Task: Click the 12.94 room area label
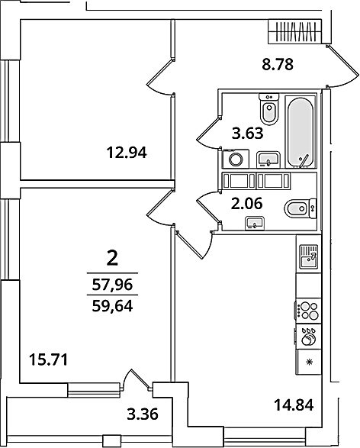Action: pos(127,153)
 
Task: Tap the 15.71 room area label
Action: pos(49,359)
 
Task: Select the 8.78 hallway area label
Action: pos(278,64)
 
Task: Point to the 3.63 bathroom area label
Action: pos(247,133)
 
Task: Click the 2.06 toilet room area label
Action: pos(246,204)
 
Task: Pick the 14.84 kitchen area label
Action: pos(294,404)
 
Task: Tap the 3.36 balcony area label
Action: pos(143,414)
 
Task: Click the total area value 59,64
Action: pos(112,307)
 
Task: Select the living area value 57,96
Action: pos(112,285)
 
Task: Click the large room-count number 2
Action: pos(112,258)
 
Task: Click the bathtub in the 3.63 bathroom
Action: pos(301,132)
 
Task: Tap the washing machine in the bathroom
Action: pos(236,159)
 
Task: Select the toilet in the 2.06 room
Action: pos(300,208)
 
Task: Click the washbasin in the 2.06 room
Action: pos(255,223)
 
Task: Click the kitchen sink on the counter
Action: pos(309,256)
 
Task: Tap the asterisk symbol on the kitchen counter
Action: pos(309,363)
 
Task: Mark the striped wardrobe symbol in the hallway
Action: pos(295,31)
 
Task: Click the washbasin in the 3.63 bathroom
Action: pos(268,160)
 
